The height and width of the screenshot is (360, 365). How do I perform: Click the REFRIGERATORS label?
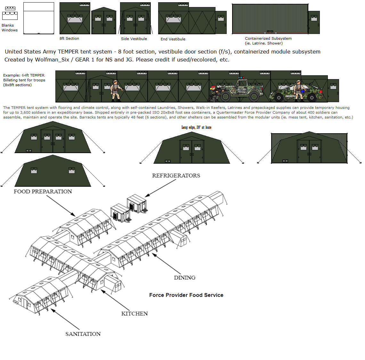click(176, 176)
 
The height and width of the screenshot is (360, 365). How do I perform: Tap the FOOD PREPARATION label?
click(43, 192)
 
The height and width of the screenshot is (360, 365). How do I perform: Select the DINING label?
click(184, 278)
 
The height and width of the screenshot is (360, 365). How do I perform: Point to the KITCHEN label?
click(134, 314)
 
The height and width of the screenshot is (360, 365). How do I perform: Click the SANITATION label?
click(83, 334)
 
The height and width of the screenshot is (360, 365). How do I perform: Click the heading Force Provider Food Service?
click(186, 295)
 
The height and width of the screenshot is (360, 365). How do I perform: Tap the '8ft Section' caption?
click(69, 38)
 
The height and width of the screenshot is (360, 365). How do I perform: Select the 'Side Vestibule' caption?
click(134, 39)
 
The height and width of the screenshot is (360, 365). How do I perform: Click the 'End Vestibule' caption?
click(173, 39)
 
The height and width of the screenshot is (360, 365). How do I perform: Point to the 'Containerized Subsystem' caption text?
click(268, 38)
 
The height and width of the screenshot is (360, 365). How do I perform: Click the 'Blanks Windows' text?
click(9, 28)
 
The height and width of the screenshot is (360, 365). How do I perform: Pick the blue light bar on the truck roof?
click(241, 78)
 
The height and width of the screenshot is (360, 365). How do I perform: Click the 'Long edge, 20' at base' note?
click(196, 127)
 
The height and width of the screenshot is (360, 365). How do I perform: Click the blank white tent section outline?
click(39, 18)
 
